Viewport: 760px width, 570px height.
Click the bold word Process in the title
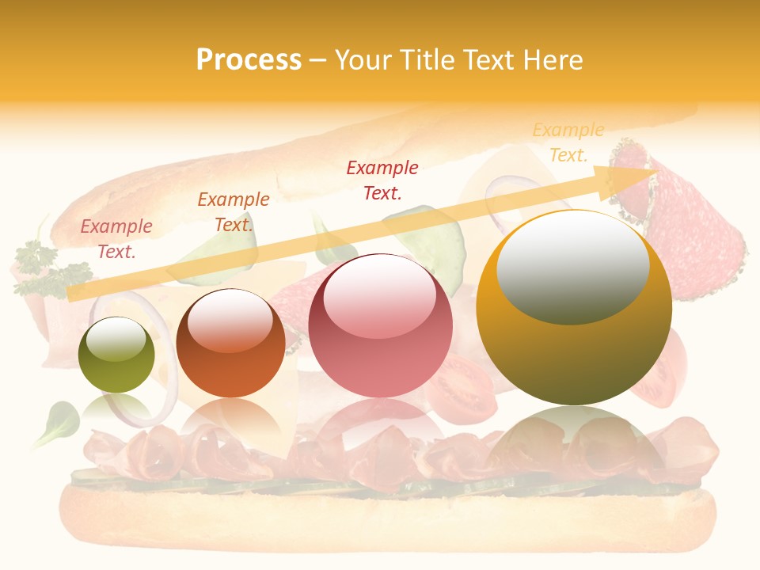click(249, 60)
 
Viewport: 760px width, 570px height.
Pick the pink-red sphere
click(380, 325)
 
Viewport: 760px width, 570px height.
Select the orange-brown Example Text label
click(234, 212)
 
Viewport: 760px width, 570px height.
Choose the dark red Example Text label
click(382, 180)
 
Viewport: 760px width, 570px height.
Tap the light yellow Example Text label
click(568, 142)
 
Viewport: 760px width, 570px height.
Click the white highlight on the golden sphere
click(572, 266)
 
